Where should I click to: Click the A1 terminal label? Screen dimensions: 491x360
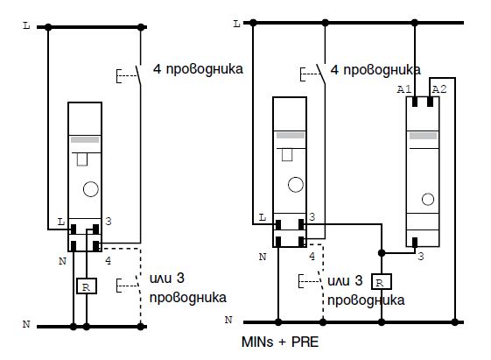403,89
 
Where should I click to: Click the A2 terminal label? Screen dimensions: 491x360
439,89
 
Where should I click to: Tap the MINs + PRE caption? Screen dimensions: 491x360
280,342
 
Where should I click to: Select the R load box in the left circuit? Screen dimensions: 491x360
87,286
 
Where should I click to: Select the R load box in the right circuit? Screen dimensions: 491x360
382,282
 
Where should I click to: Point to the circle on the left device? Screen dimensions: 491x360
91,189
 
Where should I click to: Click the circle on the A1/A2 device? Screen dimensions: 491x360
428,199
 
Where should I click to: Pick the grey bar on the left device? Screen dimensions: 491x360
85,140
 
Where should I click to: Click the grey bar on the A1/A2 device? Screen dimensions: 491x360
423,136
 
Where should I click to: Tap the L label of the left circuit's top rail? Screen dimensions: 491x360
26,25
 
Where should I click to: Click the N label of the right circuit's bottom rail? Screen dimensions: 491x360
228,320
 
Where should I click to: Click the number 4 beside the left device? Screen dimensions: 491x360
108,261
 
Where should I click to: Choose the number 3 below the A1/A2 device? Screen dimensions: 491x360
421,257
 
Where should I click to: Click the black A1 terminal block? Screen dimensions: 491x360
415,102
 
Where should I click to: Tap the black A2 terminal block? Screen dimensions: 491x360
430,102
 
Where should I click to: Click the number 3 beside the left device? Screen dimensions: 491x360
109,222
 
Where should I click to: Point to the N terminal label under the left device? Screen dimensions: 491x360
63,261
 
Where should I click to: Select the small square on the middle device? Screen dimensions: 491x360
287,155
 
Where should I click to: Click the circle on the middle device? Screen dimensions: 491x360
296,184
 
